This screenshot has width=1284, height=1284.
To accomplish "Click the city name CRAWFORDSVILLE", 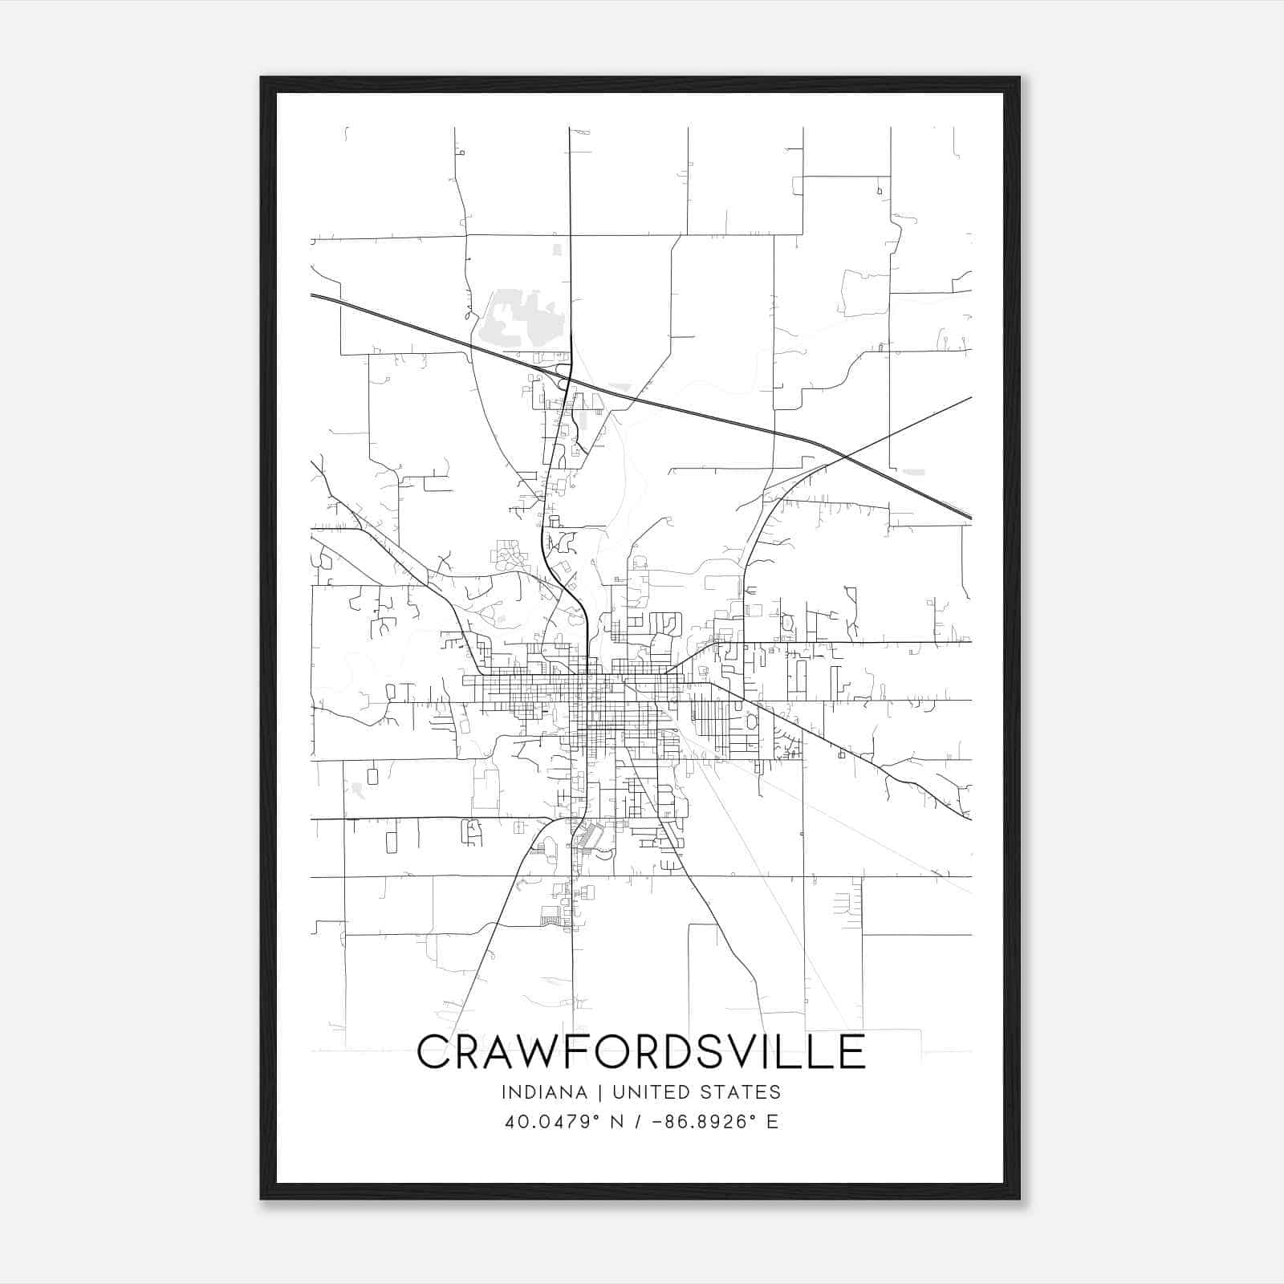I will (x=641, y=1051).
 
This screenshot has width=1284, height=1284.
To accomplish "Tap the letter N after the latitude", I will (x=616, y=1122).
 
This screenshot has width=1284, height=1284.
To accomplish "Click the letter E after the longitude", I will (x=772, y=1122).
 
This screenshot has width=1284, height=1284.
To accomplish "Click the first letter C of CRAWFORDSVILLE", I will (x=433, y=1051).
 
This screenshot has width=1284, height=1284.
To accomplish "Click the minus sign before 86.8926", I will (x=659, y=1122).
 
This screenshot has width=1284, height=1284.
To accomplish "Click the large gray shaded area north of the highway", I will (x=521, y=321).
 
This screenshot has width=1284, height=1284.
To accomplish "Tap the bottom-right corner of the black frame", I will (x=1018, y=1198).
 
